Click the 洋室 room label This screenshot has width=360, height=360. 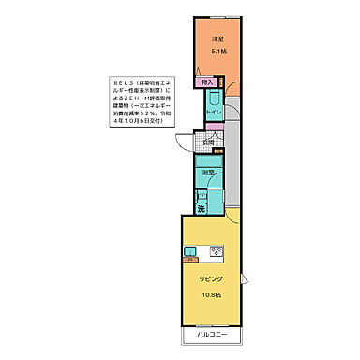(217, 38)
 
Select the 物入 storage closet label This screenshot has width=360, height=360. (208, 83)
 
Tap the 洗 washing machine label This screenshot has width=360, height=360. (202, 208)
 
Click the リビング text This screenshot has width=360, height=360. (209, 279)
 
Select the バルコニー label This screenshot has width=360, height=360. (209, 334)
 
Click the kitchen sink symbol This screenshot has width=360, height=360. (190, 250)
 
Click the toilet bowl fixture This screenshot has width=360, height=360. (214, 100)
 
